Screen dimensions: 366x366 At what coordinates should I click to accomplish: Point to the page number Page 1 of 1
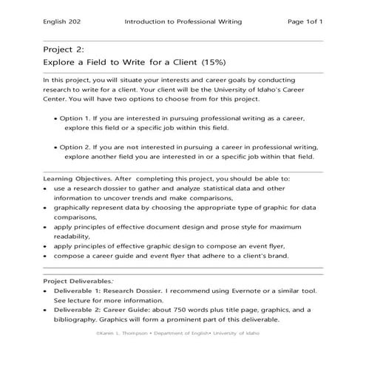pos(305,22)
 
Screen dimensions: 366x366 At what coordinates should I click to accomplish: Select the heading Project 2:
pos(63,50)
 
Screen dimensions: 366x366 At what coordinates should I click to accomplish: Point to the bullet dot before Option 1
pos(58,118)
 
